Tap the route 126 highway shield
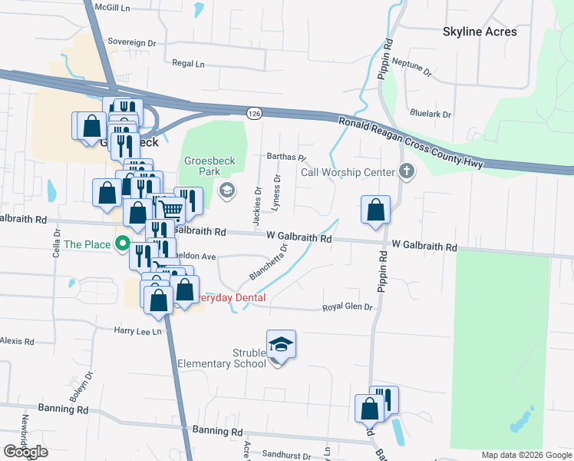pyautogui.click(x=254, y=113)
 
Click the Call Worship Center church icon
pyautogui.click(x=407, y=172)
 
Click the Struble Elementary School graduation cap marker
pyautogui.click(x=281, y=345)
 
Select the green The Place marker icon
pyautogui.click(x=122, y=245)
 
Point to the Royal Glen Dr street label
pyautogui.click(x=347, y=307)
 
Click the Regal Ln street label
pyautogui.click(x=189, y=65)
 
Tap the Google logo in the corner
pyautogui.click(x=25, y=452)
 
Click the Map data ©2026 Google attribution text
pyautogui.click(x=526, y=455)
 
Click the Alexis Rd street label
pyautogui.click(x=17, y=340)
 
